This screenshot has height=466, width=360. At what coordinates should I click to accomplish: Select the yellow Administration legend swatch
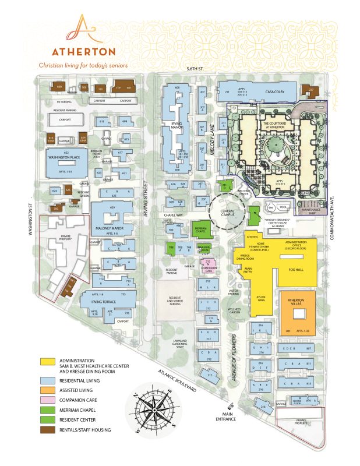(x=49, y=361)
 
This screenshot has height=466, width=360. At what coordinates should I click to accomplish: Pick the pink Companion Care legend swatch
(x=49, y=400)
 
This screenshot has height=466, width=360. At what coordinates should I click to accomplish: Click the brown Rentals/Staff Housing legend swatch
(x=49, y=430)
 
